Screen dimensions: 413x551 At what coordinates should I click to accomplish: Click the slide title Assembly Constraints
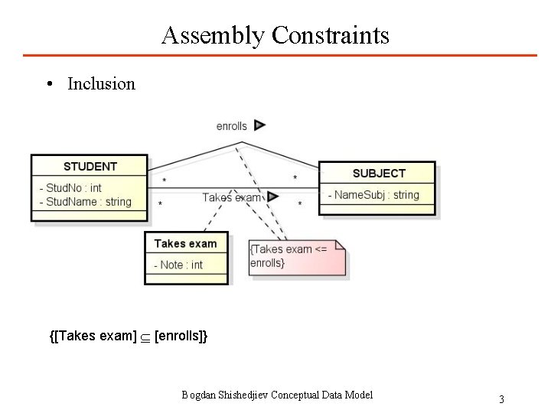pos(275,35)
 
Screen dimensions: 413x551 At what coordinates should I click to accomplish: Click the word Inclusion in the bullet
pos(101,83)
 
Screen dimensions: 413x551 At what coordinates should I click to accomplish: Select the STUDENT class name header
pos(90,166)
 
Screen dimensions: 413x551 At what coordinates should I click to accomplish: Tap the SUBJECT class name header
pos(379,174)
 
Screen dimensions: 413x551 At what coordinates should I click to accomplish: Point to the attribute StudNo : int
pos(73,187)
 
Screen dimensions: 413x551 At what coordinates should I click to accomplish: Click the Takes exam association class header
pos(185,243)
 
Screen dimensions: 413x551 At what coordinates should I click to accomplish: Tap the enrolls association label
pos(231,126)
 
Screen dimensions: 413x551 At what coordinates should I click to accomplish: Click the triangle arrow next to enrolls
pos(259,125)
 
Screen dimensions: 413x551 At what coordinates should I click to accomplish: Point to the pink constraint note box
pos(297,257)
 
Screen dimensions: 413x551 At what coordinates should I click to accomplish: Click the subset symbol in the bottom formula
pos(145,337)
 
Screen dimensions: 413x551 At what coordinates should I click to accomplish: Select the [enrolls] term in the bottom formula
pos(178,337)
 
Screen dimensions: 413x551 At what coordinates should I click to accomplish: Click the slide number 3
pos(501,399)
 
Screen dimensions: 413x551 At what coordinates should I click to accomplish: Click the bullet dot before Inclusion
pos(48,84)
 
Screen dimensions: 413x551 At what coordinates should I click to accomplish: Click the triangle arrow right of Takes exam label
pos(273,197)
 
